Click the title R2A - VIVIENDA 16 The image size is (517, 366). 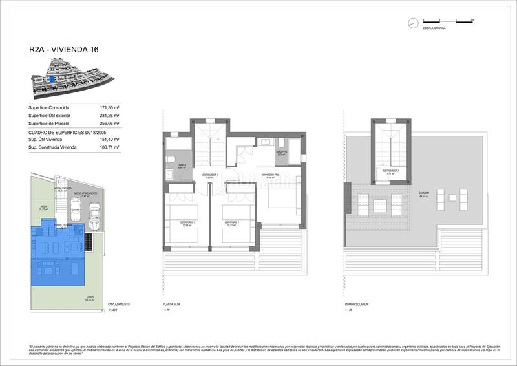(65, 49)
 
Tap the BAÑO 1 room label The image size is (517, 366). (182, 166)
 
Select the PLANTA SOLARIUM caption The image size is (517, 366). (356, 304)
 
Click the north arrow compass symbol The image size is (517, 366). (412, 23)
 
